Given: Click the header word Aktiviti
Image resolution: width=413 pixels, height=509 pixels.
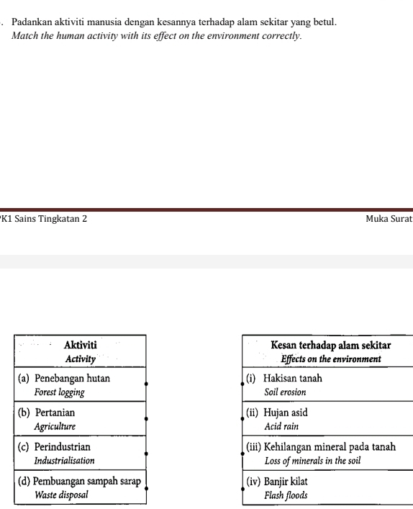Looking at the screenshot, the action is click(81, 346).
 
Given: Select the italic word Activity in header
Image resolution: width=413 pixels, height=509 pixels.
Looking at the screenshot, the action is click(81, 359).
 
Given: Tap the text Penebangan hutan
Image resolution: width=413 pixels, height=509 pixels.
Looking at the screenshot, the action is click(73, 379).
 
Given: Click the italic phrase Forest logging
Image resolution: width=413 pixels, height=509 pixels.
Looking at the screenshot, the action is click(60, 392).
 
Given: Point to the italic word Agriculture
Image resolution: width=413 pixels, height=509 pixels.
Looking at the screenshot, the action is click(55, 426).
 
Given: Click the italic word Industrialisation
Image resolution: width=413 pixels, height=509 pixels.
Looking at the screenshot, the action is click(65, 460).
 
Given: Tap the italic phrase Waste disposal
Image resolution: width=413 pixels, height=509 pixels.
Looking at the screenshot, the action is click(62, 495).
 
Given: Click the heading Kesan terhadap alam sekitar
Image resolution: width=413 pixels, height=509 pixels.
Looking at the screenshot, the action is click(330, 346).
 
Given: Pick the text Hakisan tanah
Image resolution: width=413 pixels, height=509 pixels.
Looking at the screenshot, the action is click(293, 379).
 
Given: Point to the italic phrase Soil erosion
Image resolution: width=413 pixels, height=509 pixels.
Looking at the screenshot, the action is click(285, 392).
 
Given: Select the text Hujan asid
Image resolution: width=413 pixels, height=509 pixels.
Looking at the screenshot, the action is click(286, 413).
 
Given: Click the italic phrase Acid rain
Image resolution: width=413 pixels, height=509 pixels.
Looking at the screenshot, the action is click(281, 426).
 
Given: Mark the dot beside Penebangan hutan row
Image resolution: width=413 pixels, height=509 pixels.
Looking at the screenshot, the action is click(146, 384).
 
